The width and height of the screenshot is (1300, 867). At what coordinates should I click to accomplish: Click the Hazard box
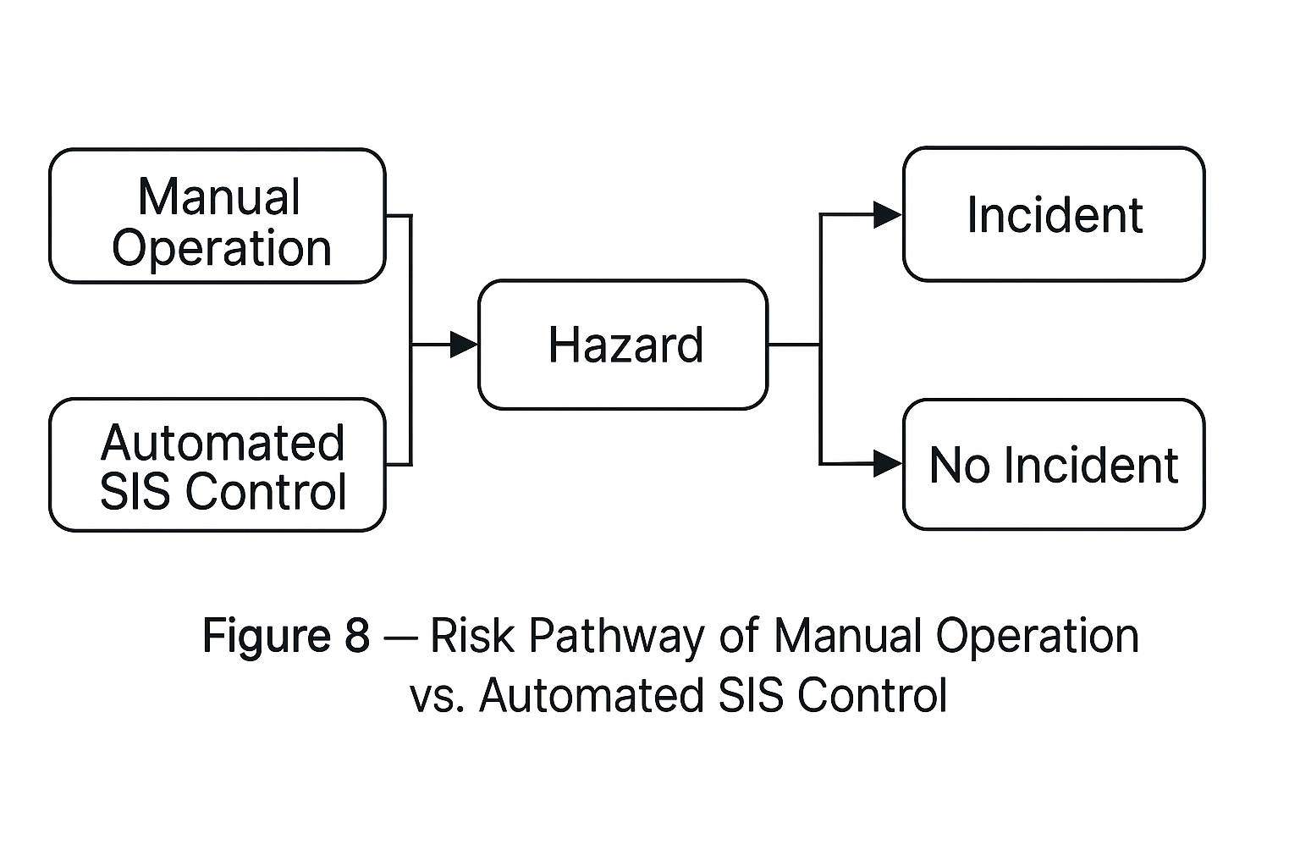point(623,345)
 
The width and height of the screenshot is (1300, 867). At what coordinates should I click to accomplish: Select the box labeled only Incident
point(1053,214)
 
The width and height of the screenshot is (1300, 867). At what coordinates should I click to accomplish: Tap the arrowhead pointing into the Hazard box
point(464,345)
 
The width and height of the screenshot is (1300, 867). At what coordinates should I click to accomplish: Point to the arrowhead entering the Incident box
point(887,215)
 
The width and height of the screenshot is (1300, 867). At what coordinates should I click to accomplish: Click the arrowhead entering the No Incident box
point(887,464)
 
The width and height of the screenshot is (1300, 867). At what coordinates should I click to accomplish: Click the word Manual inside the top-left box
point(218,197)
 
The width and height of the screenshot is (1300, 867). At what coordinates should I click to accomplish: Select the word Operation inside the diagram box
point(222,248)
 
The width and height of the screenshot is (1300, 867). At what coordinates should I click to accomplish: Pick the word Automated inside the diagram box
point(223,443)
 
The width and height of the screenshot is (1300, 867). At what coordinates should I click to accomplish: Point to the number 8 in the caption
point(357,636)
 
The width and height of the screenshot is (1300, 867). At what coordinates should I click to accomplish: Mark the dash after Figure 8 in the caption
point(400,638)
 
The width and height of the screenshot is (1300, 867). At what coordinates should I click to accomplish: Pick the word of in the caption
point(739,636)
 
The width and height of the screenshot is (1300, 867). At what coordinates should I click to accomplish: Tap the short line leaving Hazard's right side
point(793,345)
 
